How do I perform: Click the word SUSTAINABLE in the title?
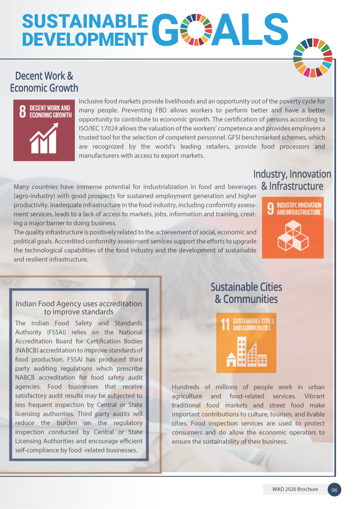coord(85,21)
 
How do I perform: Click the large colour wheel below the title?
coord(313,57)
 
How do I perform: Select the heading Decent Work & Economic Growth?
coord(44,82)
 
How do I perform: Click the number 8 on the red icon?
coord(22,111)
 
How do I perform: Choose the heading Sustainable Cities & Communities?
coord(246,293)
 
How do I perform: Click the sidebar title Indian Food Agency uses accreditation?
coord(79,304)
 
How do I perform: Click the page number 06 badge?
coord(335,490)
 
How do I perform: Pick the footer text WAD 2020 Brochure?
coord(295,490)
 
